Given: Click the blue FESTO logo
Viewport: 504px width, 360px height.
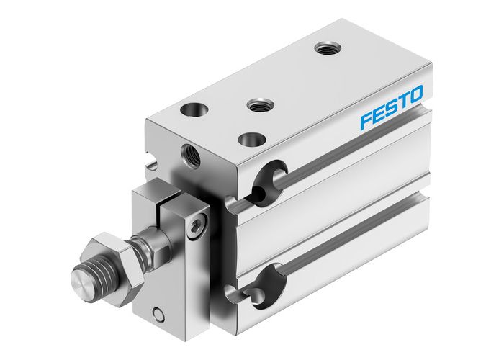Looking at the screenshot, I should pyautogui.click(x=392, y=107).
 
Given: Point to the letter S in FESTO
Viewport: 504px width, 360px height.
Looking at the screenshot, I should pyautogui.click(x=392, y=107).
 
